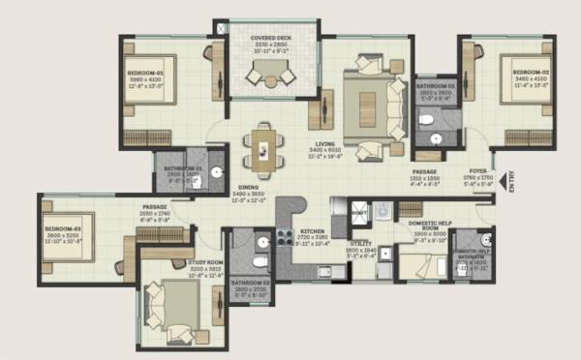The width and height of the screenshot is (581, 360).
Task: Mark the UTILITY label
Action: (x=360, y=245)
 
